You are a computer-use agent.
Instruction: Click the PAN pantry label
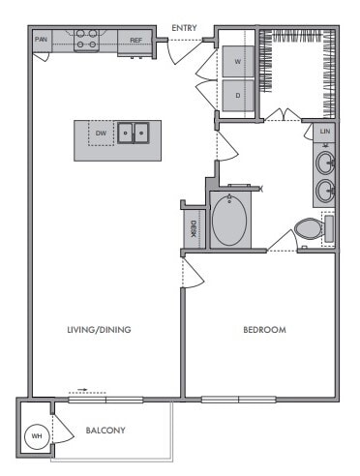coord(41,40)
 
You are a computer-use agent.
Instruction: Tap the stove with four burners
coord(86,39)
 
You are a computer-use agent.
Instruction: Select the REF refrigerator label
coord(136,40)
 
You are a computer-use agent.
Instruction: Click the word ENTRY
coord(185,28)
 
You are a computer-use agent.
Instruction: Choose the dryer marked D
coord(238,96)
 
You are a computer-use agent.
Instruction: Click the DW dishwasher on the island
coord(101,133)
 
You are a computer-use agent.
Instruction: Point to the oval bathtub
coord(229,221)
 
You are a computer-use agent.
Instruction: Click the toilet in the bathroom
coord(309,230)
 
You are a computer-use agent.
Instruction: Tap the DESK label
coord(194,228)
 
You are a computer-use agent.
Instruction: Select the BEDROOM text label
coord(264,330)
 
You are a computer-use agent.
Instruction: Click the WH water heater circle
coord(38,436)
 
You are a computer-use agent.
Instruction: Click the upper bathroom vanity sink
coord(325,161)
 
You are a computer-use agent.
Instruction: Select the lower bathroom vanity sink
coord(325,189)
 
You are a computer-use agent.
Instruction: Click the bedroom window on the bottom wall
coord(238,399)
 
